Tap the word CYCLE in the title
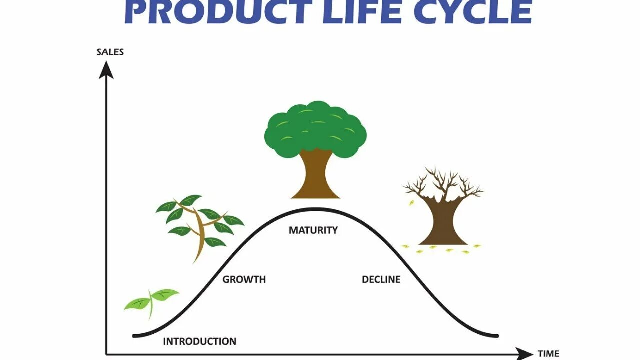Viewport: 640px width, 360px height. coord(473,12)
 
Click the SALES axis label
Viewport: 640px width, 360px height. coord(110,52)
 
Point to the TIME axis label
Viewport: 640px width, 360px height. coord(548,354)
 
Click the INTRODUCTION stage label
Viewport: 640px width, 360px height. coord(200,342)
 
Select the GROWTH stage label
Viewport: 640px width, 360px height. coord(244,280)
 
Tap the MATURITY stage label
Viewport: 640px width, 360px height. coord(313,230)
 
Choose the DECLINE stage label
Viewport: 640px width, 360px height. coord(381,280)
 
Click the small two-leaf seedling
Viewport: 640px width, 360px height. coord(151,300)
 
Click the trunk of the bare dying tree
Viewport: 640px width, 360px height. coord(443,222)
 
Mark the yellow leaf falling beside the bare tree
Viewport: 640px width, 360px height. coord(412,202)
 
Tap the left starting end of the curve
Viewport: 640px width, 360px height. coord(134,335)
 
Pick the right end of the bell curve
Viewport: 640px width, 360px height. coord(497,335)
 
